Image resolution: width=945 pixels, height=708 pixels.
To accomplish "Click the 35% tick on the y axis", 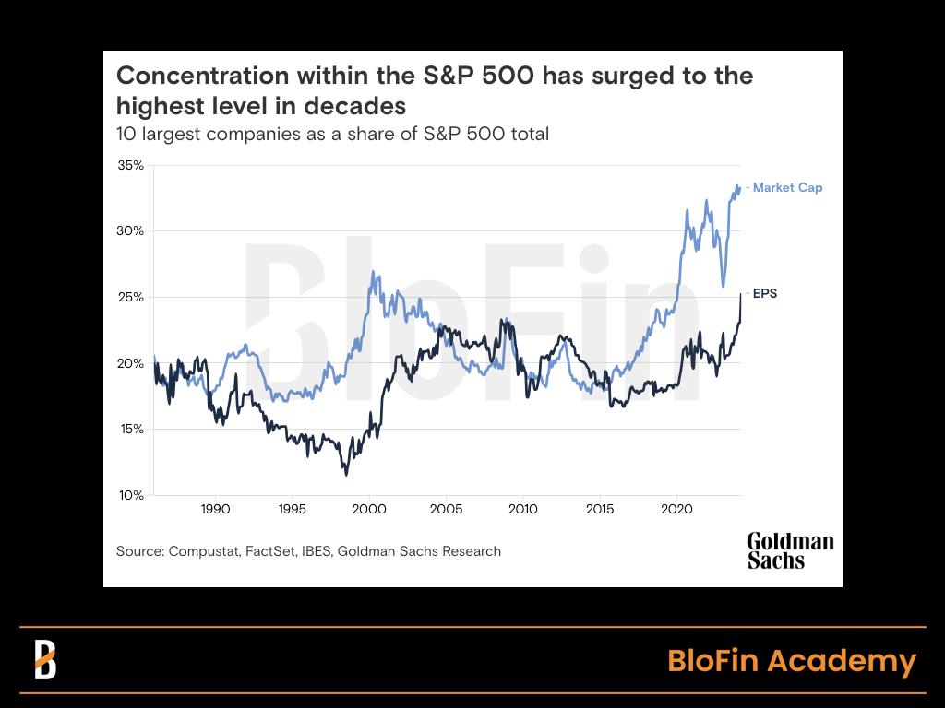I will (130, 166).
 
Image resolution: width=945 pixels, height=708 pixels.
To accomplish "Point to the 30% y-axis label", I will (130, 231).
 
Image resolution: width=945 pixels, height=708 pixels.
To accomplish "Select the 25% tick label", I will (130, 298).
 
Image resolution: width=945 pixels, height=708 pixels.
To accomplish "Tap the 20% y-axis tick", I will (130, 363).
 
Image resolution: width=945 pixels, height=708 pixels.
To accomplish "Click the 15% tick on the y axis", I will (130, 430).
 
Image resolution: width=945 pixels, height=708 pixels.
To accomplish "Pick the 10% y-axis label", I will (130, 495).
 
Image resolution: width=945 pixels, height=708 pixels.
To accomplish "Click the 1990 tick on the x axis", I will (215, 509).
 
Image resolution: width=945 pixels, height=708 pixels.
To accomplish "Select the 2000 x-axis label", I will (369, 509).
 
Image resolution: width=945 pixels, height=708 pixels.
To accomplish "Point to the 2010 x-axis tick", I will (523, 509).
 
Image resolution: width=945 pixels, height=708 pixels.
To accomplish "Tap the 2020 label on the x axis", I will (677, 509).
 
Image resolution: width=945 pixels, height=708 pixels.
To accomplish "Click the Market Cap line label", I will (787, 188).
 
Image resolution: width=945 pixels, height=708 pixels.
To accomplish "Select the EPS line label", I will (765, 294).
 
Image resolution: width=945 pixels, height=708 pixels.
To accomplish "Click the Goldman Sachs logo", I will (789, 550).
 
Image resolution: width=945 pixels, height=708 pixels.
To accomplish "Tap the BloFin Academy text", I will (791, 661).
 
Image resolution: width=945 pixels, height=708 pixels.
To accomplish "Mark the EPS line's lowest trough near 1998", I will (346, 474).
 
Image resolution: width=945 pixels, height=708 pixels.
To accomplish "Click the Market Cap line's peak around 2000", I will (373, 273).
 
